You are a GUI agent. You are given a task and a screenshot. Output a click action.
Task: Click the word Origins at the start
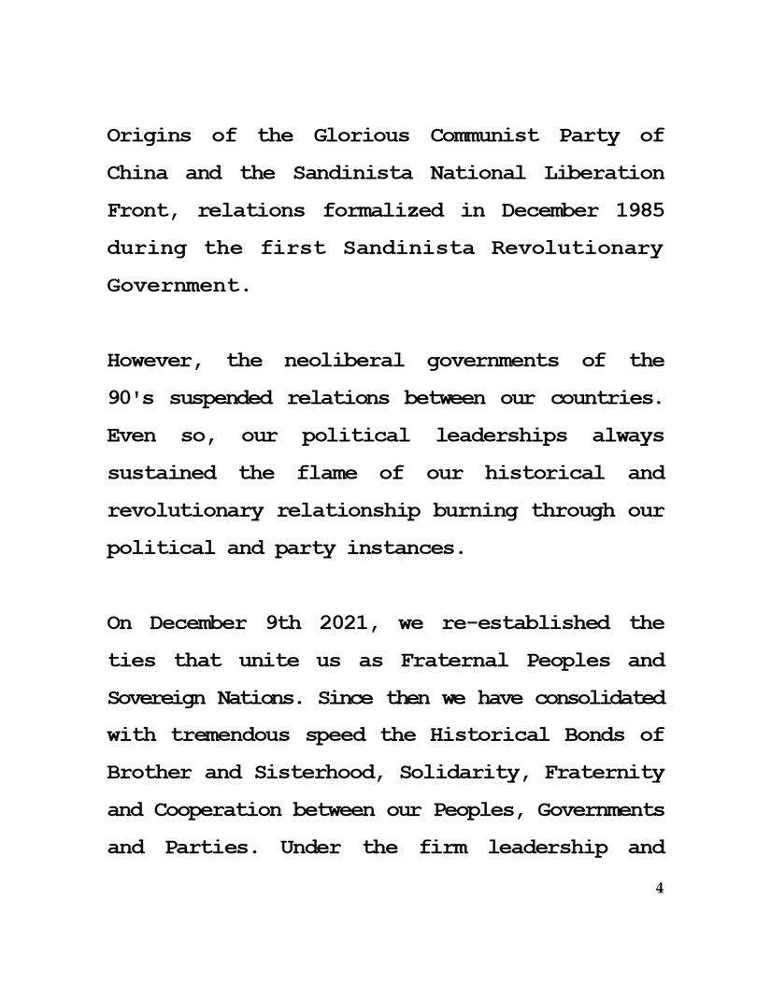tap(149, 135)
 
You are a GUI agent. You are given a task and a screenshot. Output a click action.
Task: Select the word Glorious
tap(361, 135)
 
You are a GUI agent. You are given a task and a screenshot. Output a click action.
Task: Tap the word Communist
tap(484, 135)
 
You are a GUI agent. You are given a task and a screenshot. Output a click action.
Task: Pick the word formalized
tap(383, 210)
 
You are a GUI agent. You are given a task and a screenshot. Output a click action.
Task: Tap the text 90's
tap(129, 398)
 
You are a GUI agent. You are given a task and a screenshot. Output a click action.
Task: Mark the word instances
tap(405, 549)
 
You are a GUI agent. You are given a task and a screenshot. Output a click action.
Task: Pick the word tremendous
tap(231, 735)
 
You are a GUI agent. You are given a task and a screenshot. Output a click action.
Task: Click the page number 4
tap(660, 889)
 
